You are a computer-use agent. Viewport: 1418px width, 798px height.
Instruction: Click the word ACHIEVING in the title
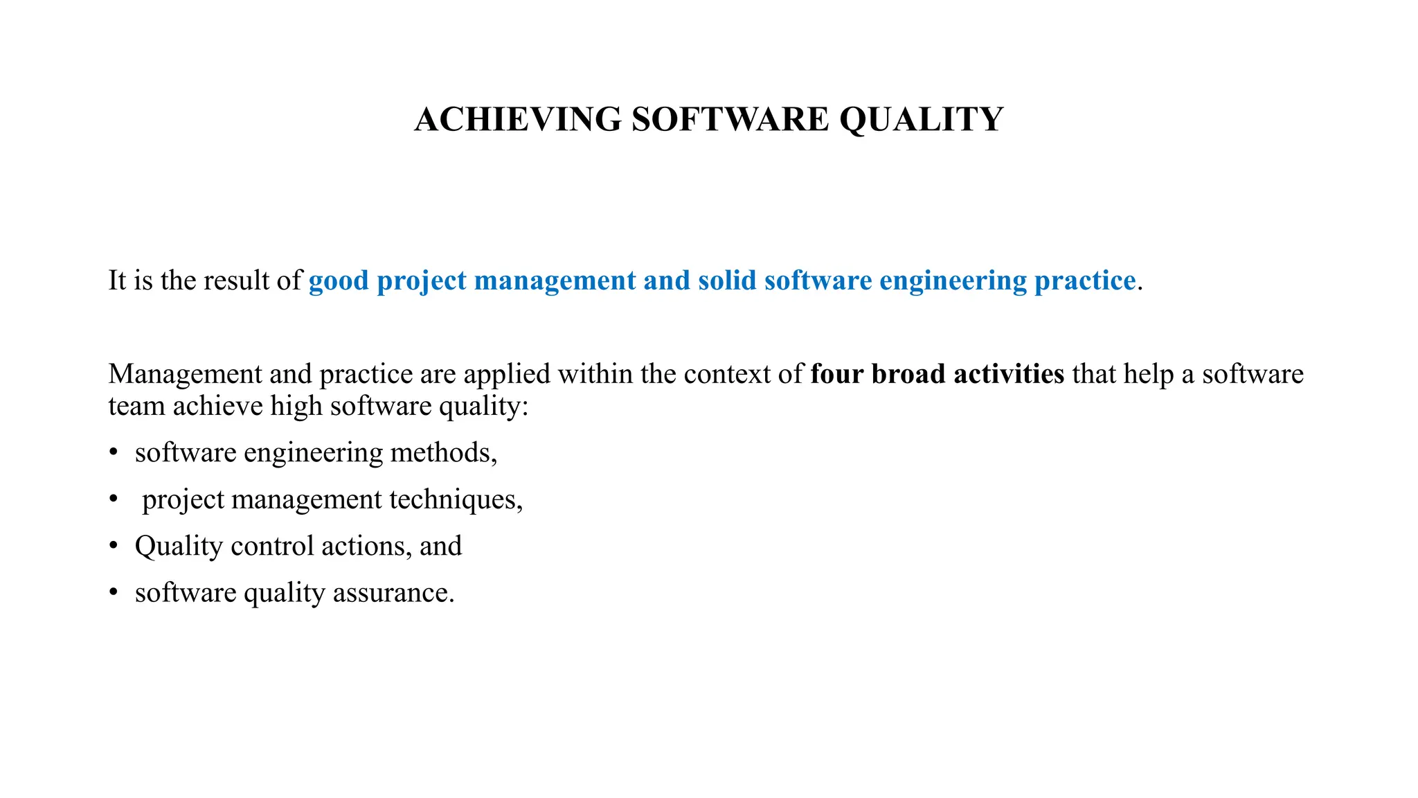(x=518, y=119)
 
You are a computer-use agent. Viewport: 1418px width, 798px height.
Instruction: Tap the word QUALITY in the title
(x=921, y=119)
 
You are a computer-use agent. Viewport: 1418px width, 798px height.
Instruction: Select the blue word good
(x=339, y=281)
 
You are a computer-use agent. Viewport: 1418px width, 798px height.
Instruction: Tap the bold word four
(x=837, y=374)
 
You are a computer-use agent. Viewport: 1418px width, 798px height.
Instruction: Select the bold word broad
(x=908, y=374)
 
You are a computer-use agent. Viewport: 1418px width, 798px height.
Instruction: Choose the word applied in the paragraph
(x=507, y=374)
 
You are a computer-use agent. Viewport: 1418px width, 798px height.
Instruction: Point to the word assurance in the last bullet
(x=393, y=593)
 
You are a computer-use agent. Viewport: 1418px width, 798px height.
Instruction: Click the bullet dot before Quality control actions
(x=114, y=546)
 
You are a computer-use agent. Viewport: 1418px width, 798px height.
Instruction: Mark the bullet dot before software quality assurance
(x=114, y=593)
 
